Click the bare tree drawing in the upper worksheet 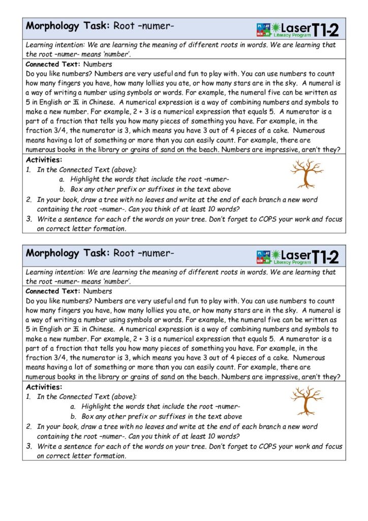pyautogui.click(x=306, y=173)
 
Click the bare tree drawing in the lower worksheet pyautogui.click(x=306, y=400)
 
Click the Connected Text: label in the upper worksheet pyautogui.click(x=53, y=65)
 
